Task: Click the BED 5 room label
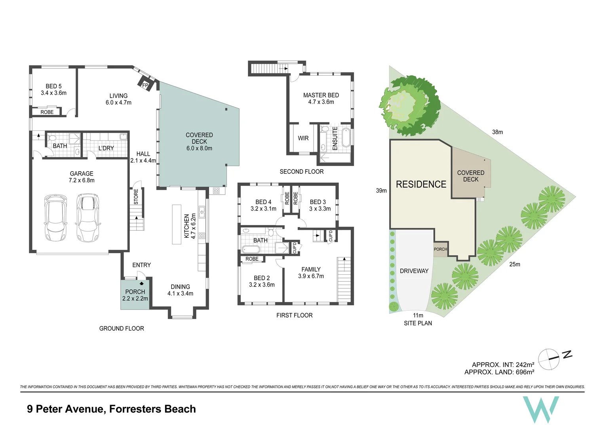click(x=53, y=86)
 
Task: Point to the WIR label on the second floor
click(x=303, y=138)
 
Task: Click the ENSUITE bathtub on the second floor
click(x=346, y=138)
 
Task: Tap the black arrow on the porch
click(x=141, y=283)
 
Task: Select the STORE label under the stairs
click(x=136, y=197)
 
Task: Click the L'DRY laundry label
click(x=106, y=148)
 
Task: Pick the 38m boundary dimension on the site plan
click(x=497, y=132)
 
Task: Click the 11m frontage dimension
click(x=418, y=315)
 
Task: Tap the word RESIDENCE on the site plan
click(x=421, y=184)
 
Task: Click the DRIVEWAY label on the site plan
click(x=414, y=271)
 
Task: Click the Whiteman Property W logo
click(x=541, y=409)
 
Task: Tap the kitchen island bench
click(x=177, y=224)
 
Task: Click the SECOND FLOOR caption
click(x=301, y=172)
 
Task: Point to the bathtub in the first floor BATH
click(x=251, y=249)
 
